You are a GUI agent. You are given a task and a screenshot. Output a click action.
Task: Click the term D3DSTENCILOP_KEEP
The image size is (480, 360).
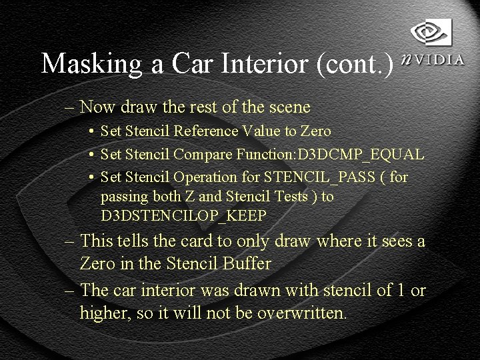coord(183,216)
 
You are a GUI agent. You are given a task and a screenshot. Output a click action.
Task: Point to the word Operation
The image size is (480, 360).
coord(205,177)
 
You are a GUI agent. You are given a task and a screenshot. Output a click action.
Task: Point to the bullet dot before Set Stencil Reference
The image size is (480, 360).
coord(91,132)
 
